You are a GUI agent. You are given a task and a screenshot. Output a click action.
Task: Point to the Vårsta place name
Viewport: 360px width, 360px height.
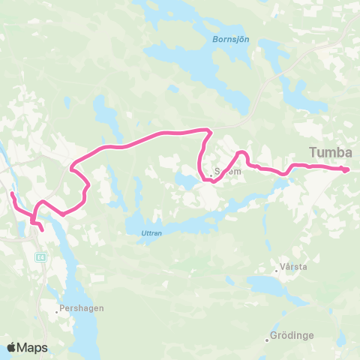(293, 266)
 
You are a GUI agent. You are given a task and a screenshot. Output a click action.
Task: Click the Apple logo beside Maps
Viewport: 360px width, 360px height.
(12, 347)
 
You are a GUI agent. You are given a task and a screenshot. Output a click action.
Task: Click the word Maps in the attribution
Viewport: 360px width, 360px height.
(33, 347)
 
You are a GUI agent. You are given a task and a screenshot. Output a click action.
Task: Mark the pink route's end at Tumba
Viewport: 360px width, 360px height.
(347, 170)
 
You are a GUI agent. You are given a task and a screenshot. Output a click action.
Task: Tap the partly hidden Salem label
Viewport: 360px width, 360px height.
(228, 171)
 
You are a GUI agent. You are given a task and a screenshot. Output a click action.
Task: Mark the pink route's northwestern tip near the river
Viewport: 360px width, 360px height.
(12, 194)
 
